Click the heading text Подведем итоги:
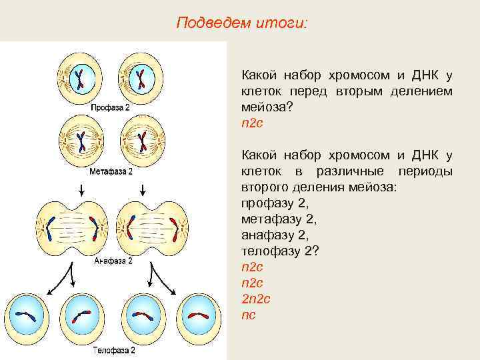coord(242,23)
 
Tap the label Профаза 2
coord(111,107)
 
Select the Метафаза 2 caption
coord(111,171)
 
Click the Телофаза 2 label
coord(113,349)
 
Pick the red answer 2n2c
coord(255,299)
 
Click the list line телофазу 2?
coord(272,251)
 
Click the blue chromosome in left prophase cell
coord(80,79)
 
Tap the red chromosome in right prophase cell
coord(141,79)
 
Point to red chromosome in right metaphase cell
coord(142,141)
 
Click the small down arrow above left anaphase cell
coord(81,191)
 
